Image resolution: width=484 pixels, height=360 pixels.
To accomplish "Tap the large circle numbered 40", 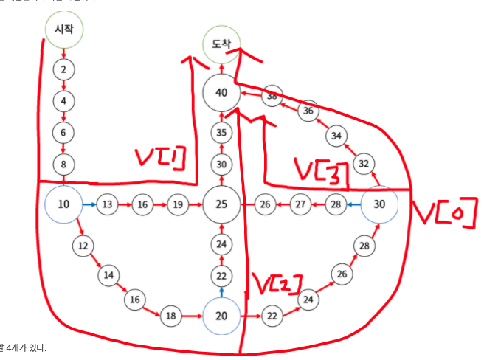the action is [x=221, y=93].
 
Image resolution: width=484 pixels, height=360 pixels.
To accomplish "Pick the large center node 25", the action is [x=221, y=204].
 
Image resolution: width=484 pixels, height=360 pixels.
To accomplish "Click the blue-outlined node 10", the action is [x=64, y=204].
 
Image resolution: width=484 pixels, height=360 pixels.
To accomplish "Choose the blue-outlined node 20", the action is [x=221, y=316].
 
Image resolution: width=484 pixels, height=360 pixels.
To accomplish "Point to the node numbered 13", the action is [x=108, y=204].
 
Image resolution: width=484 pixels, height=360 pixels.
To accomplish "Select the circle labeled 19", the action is [x=176, y=204].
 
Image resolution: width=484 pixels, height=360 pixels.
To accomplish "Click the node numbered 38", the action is [x=274, y=96].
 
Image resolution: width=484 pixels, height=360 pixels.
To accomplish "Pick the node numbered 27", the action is [x=300, y=204].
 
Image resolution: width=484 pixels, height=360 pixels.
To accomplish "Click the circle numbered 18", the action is [x=171, y=316].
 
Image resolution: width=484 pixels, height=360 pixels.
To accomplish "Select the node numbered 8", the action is [x=64, y=164].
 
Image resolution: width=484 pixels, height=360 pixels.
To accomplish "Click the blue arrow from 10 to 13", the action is [x=89, y=204].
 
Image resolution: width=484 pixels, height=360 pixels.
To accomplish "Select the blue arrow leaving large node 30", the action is [x=354, y=204].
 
